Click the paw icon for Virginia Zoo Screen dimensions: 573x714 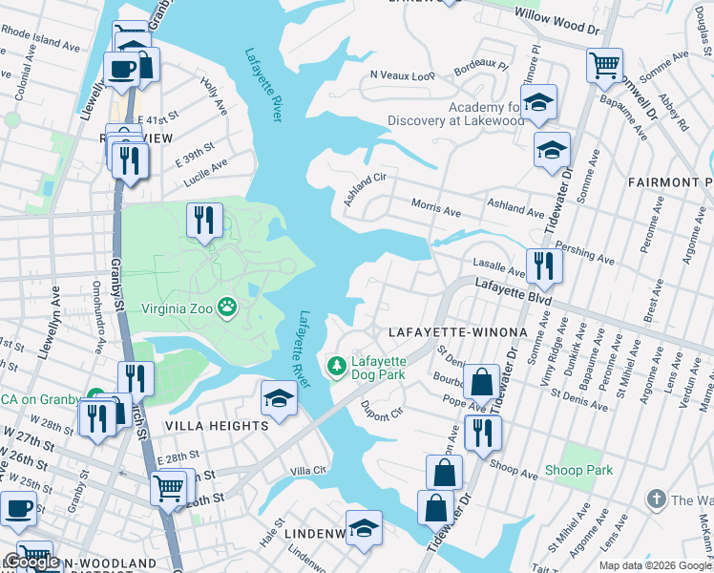pos(227,308)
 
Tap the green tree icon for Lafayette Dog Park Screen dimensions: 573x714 pos(336,367)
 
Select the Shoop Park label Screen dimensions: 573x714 pos(578,471)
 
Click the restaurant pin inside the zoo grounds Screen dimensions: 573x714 pos(204,221)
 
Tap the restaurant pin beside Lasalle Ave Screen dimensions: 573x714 pos(544,265)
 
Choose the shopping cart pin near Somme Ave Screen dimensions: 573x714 pos(605,65)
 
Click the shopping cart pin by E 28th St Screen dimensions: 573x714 pos(169,487)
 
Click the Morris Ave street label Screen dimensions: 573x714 pos(436,206)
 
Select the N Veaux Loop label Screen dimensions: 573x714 pos(401,74)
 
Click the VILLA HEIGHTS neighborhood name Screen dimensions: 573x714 pos(217,426)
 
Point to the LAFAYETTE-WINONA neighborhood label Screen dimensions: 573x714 pos(457,332)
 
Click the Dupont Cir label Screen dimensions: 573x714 pos(383,411)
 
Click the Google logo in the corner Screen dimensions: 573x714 pos(31,562)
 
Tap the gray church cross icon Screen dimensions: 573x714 pos(656,499)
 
